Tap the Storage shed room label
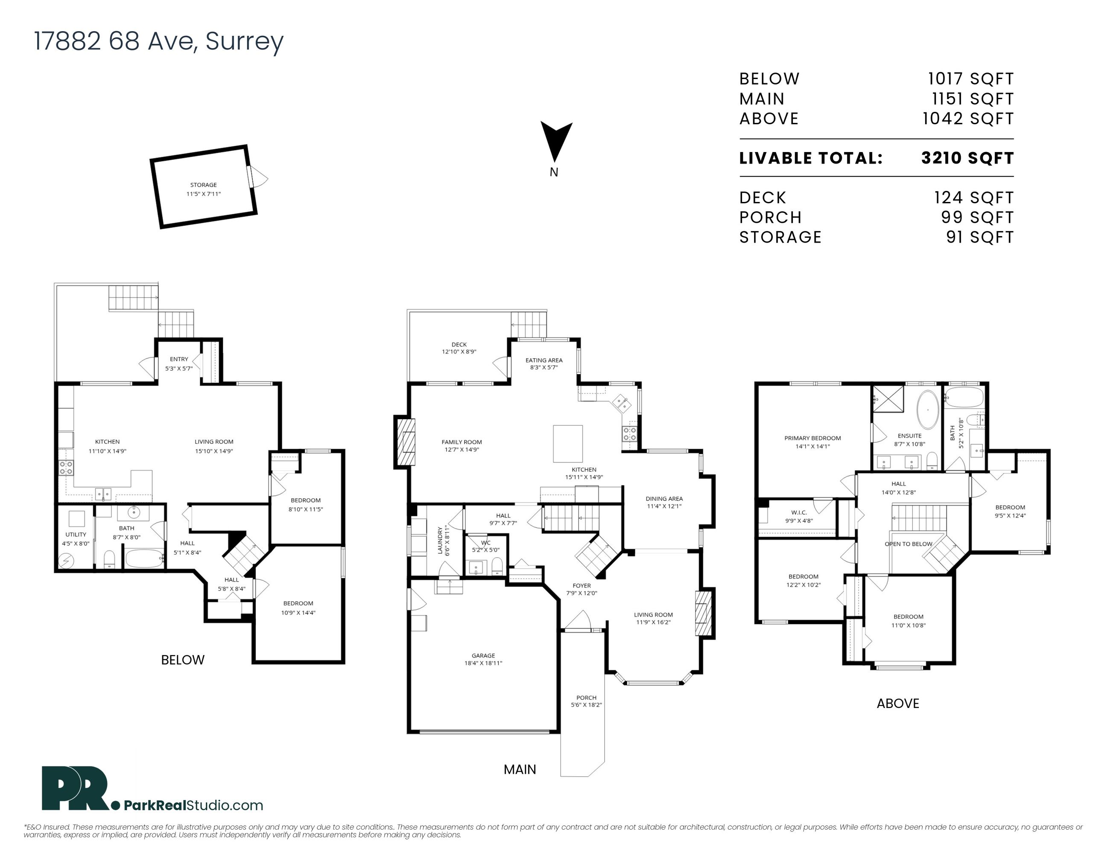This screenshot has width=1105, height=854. (203, 189)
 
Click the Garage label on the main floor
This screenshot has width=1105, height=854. (483, 659)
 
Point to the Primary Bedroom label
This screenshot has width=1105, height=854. (813, 442)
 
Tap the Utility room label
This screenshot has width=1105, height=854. (76, 539)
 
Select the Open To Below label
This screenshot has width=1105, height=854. (908, 544)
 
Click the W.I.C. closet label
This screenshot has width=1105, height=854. (799, 516)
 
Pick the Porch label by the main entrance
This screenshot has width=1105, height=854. (586, 701)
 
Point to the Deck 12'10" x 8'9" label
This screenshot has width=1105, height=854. (459, 348)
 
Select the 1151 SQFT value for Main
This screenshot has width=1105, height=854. (973, 99)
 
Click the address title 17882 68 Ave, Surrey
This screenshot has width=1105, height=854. (159, 41)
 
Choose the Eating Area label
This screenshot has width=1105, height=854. (544, 364)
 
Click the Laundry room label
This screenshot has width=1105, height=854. (443, 540)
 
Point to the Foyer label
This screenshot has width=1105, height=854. (582, 589)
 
